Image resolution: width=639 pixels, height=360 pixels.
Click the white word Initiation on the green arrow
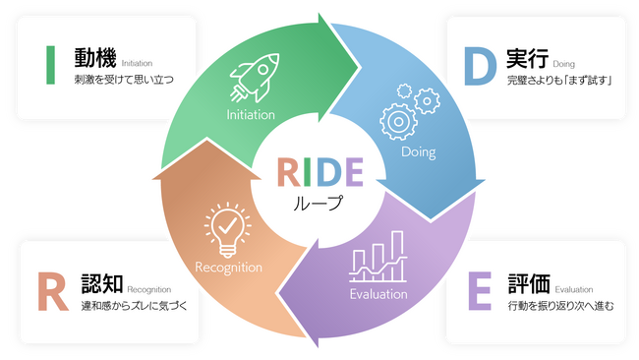click(251, 115)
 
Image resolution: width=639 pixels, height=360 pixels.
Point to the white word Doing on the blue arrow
click(418, 152)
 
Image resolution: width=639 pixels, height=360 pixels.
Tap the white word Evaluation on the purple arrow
click(378, 294)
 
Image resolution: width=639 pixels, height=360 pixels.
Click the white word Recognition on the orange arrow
click(228, 267)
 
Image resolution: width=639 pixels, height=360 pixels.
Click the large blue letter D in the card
click(479, 64)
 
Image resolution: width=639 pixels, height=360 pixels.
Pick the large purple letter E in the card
click(479, 291)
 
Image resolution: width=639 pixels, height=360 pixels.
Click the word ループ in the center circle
click(319, 205)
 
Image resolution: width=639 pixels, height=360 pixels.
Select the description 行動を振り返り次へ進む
click(561, 306)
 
